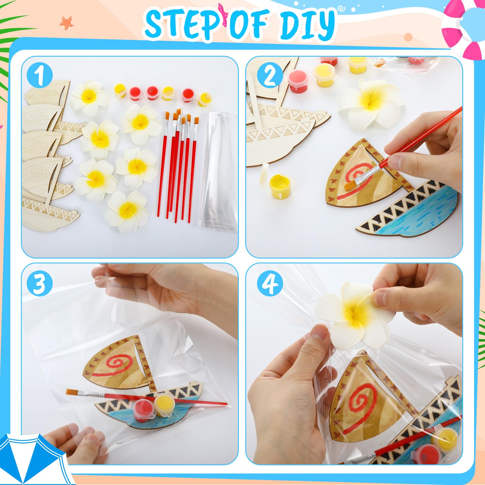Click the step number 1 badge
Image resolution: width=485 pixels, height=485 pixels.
(x=40, y=75)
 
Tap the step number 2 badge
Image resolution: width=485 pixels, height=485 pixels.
(x=269, y=76)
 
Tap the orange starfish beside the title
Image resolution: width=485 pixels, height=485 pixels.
(x=66, y=22)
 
